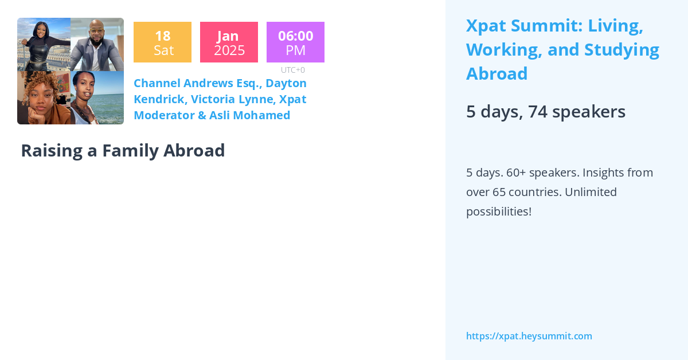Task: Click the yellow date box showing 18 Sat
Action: point(162,42)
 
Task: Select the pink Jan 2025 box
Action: point(229,42)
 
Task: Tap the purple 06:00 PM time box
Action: point(295,42)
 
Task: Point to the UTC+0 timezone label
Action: point(293,70)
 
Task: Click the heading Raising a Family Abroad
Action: point(123,150)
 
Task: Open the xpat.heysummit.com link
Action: point(529,336)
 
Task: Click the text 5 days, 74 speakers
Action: point(545,111)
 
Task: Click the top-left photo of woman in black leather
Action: point(44,45)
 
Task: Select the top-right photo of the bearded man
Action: point(97,45)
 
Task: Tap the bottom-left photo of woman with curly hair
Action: point(44,97)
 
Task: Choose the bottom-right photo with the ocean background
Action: point(97,97)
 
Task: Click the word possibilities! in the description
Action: point(498,212)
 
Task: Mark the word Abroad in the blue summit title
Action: point(497,74)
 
